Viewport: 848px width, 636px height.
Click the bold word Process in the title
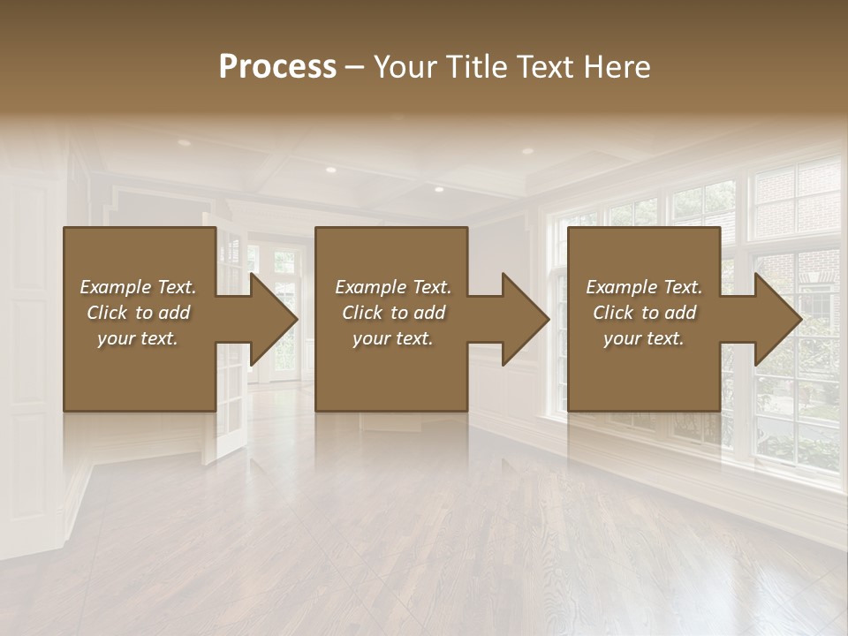pyautogui.click(x=277, y=67)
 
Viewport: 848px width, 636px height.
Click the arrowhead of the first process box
pyautogui.click(x=275, y=319)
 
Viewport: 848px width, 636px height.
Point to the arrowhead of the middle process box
pyautogui.click(x=526, y=319)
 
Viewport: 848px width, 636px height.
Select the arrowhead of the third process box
pyautogui.click(x=778, y=319)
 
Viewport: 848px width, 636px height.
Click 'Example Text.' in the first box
pyautogui.click(x=138, y=287)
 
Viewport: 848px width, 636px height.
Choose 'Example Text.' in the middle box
pyautogui.click(x=393, y=287)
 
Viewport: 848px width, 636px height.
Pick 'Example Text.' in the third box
pyautogui.click(x=644, y=287)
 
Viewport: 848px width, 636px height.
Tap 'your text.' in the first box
pyautogui.click(x=138, y=338)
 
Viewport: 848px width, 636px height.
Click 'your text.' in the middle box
pyautogui.click(x=393, y=338)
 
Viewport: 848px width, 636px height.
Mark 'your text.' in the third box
pyautogui.click(x=644, y=338)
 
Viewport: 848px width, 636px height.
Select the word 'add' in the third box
pyautogui.click(x=680, y=313)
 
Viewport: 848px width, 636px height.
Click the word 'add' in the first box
pyautogui.click(x=174, y=313)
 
